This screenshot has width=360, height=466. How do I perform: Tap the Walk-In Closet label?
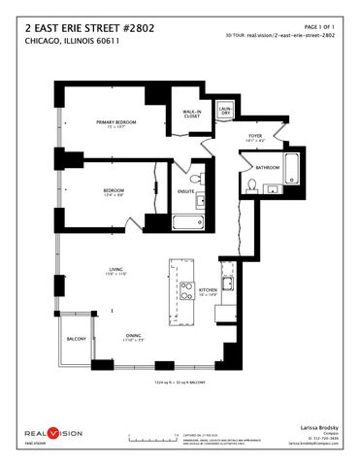(x=192, y=114)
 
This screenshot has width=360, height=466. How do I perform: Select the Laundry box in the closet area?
(x=224, y=112)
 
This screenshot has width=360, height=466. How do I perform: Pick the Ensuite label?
(x=186, y=192)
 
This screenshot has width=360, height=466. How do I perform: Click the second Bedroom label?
(x=115, y=191)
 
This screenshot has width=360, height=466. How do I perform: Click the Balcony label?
(x=77, y=339)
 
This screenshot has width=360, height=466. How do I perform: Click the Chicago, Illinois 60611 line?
(x=64, y=43)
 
